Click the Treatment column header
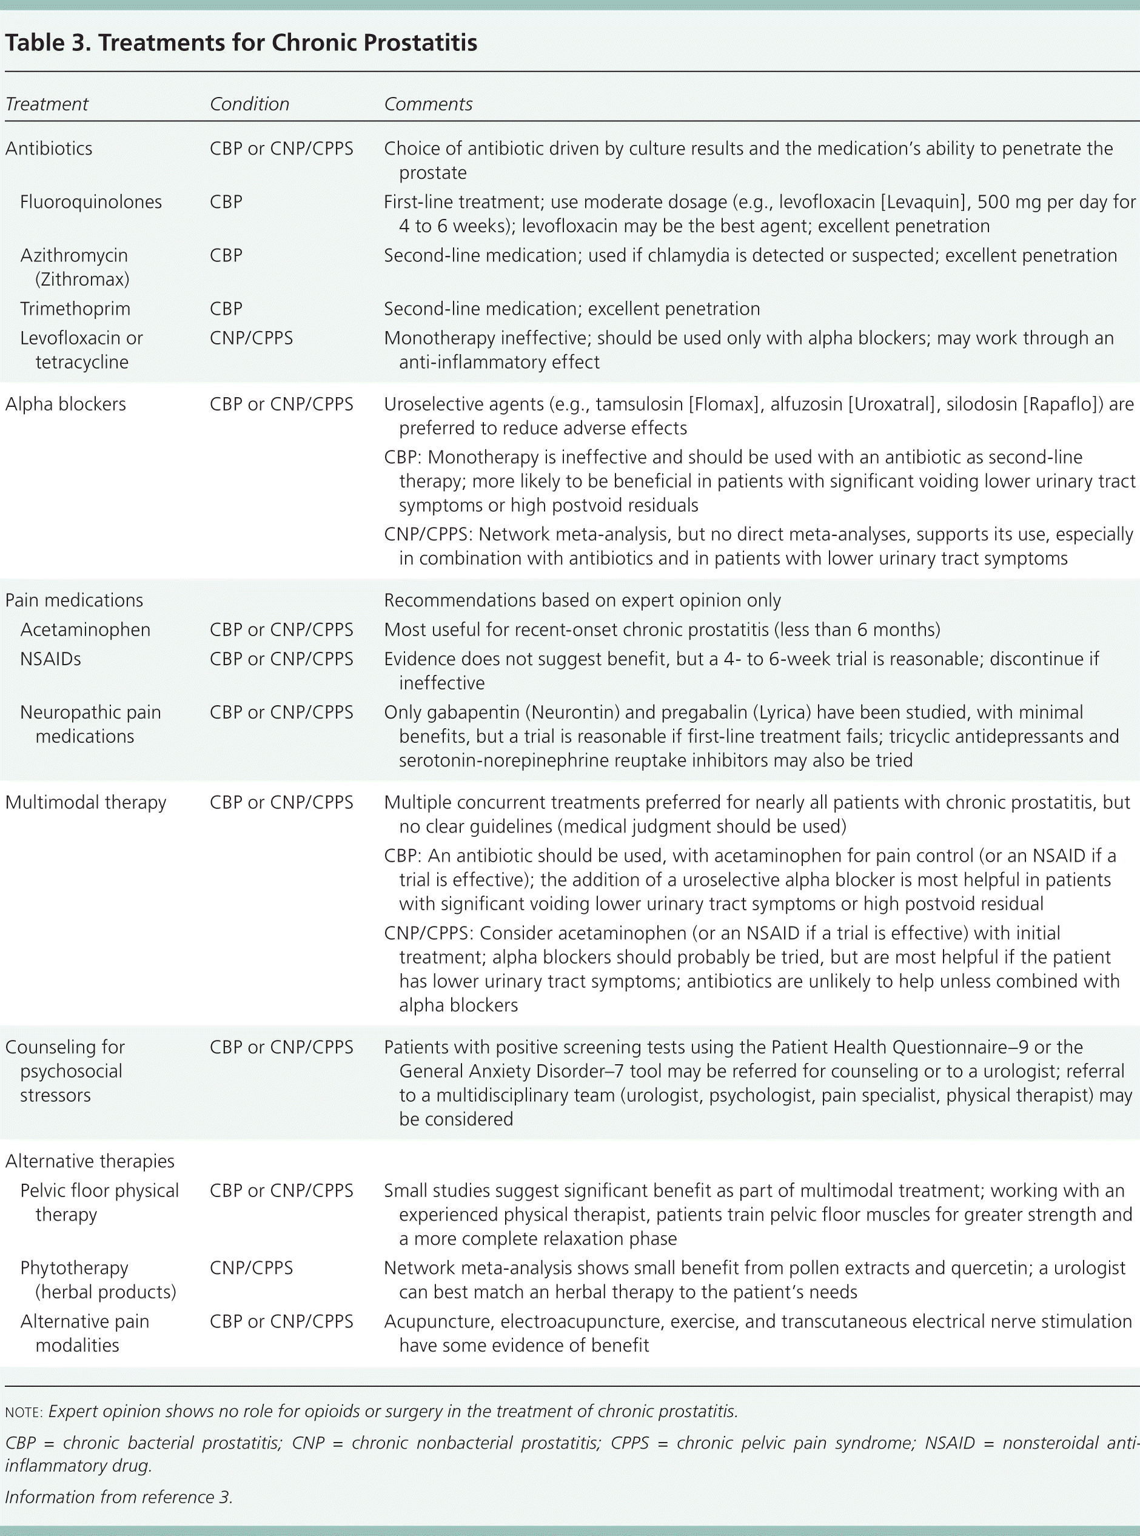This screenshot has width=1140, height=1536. [47, 104]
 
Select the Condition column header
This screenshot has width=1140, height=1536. [249, 104]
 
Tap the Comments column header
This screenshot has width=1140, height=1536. [428, 104]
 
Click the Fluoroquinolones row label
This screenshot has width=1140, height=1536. [91, 202]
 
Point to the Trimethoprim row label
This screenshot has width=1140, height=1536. [75, 309]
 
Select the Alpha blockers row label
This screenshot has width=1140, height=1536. [65, 404]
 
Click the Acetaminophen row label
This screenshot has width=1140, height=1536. [85, 630]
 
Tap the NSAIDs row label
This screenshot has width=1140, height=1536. [50, 659]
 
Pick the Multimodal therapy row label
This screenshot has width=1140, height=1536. [85, 802]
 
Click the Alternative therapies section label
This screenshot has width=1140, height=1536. [90, 1161]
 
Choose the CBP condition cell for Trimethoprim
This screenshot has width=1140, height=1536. [226, 309]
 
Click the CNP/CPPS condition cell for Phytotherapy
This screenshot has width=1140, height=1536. [251, 1268]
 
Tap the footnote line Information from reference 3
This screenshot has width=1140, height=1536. [119, 1497]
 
